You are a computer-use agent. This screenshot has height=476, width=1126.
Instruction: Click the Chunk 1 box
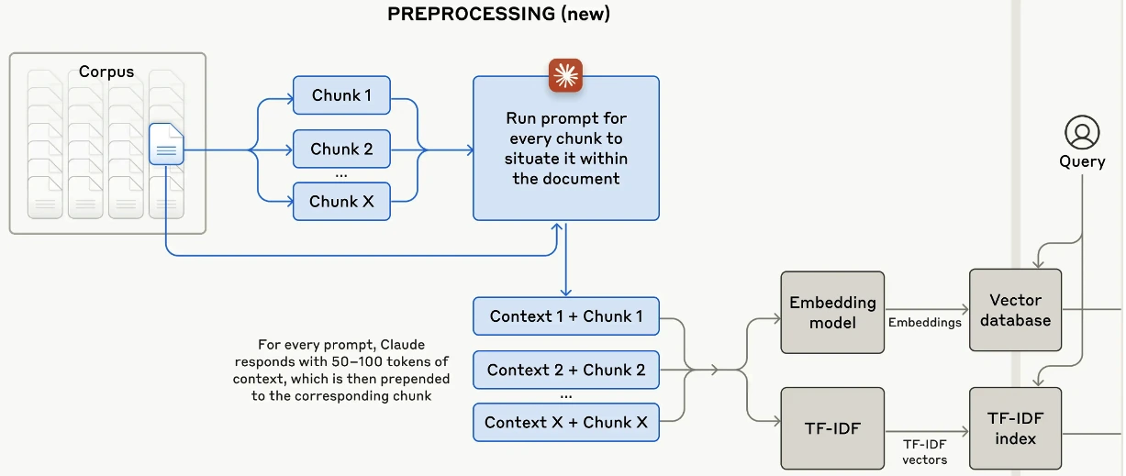[x=341, y=95]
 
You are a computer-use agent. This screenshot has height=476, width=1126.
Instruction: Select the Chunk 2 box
[x=341, y=149]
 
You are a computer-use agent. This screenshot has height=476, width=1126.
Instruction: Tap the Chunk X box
[x=341, y=201]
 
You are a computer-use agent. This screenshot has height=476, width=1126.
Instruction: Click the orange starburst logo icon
[x=565, y=75]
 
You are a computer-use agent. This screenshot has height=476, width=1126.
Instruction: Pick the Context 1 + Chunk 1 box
[x=566, y=316]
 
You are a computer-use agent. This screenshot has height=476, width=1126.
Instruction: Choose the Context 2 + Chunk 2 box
[x=566, y=370]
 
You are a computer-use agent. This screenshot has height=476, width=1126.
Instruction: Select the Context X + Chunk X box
[x=566, y=422]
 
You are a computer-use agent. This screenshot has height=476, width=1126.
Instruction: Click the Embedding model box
[x=832, y=312]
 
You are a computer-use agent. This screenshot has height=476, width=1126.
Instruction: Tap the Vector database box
[x=1015, y=310]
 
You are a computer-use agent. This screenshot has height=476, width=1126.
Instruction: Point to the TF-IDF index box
[x=1015, y=428]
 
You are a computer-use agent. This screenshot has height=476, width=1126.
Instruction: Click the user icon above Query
[x=1082, y=132]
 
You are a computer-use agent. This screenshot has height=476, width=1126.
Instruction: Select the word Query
[x=1082, y=161]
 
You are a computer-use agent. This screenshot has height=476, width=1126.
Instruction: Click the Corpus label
[x=106, y=72]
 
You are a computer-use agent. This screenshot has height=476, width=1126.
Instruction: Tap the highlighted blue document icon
[x=166, y=144]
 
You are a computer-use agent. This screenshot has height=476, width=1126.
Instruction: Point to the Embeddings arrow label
[x=924, y=322]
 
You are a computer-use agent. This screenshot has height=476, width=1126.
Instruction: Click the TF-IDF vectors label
[x=924, y=452]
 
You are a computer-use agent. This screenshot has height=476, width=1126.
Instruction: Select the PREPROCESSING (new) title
[x=498, y=14]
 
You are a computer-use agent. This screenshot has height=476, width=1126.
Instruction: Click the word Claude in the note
[x=402, y=344]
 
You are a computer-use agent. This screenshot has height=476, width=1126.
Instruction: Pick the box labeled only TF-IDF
[x=832, y=428]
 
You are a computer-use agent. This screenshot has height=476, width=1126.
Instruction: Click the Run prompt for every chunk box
[x=566, y=149]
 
